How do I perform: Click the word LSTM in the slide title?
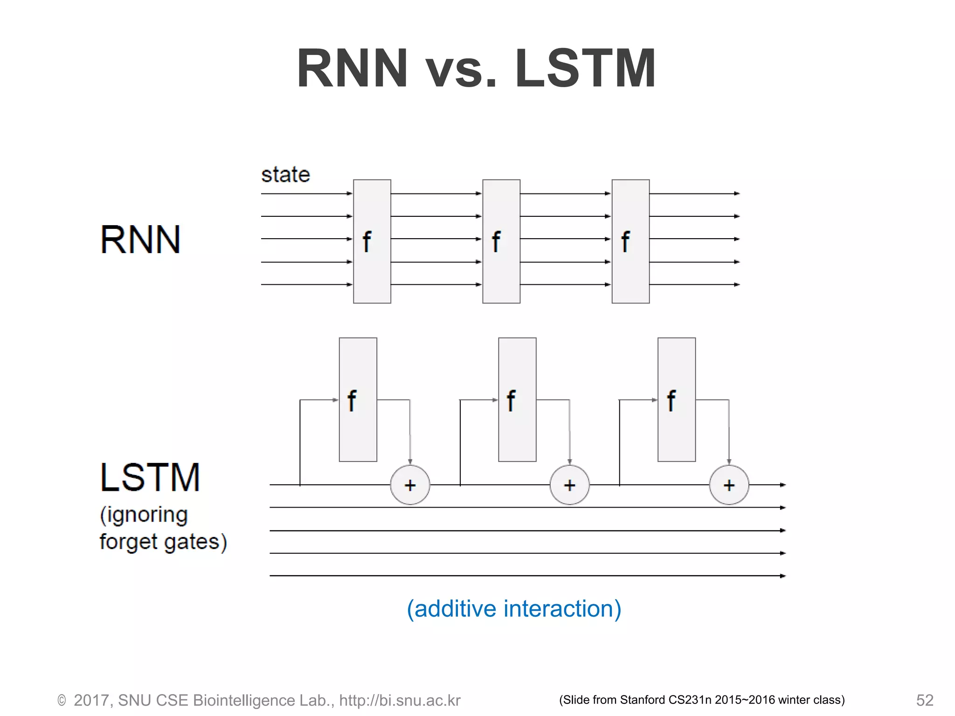(x=585, y=69)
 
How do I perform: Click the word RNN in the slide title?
(x=353, y=69)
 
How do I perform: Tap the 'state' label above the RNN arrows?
(x=285, y=175)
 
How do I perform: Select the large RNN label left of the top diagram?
(x=140, y=240)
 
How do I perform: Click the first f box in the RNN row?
(x=372, y=241)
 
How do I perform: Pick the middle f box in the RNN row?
(x=501, y=241)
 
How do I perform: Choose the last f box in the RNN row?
(x=630, y=241)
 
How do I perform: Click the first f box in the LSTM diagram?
(x=358, y=400)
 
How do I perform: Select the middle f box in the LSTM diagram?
(x=517, y=400)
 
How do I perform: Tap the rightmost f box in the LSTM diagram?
(x=676, y=400)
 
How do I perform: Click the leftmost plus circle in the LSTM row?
(x=410, y=485)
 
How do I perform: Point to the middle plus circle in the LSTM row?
(x=569, y=485)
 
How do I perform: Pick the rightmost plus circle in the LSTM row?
(x=729, y=485)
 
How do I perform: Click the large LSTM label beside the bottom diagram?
(x=150, y=478)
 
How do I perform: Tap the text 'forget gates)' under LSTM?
(x=163, y=542)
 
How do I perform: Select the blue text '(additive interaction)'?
(x=514, y=609)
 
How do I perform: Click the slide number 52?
(x=924, y=700)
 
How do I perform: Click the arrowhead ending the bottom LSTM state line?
(x=783, y=576)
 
